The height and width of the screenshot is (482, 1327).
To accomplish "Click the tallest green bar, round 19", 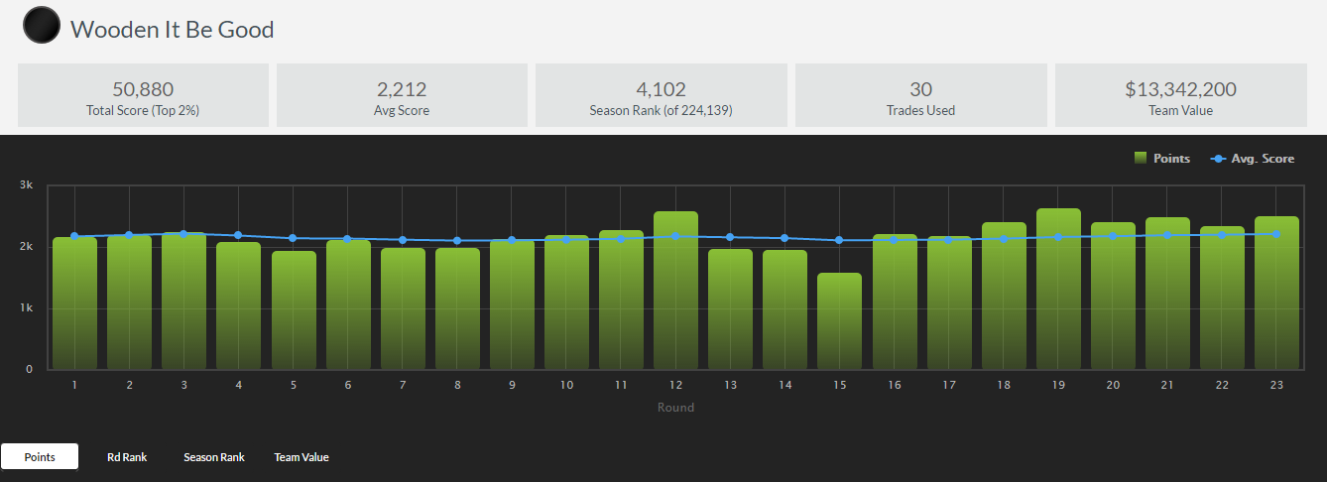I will pos(1058,288).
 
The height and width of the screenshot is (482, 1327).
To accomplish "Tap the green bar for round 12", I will pos(675,290).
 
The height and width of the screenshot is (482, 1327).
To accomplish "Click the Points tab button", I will pos(40,457).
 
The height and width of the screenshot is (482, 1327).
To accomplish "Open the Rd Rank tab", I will pos(127,457).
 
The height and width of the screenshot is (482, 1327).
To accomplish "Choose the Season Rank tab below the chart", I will pos(213,457).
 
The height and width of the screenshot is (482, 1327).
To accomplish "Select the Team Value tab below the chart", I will pos(302,457).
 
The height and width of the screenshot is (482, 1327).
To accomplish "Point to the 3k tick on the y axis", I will pos(26,185).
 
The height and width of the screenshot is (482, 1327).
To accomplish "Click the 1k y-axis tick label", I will pos(26,308).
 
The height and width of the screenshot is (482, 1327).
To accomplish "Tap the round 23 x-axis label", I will pos(1276,385).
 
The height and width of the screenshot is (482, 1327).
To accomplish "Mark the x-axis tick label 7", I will pos(402,385).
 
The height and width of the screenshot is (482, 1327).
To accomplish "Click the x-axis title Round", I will pos(675,408).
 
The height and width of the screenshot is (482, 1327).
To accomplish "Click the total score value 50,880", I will pos(143,89).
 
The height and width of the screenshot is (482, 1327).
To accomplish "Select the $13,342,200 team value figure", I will pos(1180,89).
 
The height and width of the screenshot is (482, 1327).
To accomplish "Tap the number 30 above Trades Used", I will pos(920,89).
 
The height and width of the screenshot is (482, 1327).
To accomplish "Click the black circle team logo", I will pos(41,27).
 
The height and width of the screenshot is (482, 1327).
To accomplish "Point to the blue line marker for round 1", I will pos(74,236).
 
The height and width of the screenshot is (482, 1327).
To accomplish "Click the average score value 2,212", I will pos(402,89).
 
